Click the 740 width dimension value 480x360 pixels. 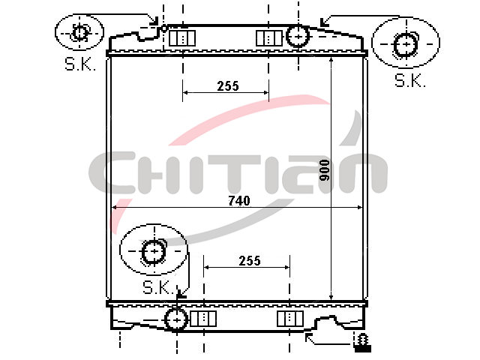point(239,201)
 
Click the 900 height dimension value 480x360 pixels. point(324,170)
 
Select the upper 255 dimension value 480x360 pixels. point(228,86)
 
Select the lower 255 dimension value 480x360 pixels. point(250,261)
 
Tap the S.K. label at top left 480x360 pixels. point(80,64)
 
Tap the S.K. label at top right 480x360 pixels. point(410,80)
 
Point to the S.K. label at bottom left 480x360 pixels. point(158,287)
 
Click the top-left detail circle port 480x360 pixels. point(80,32)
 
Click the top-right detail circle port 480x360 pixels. point(406,45)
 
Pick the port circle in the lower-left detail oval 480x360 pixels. point(154,252)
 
